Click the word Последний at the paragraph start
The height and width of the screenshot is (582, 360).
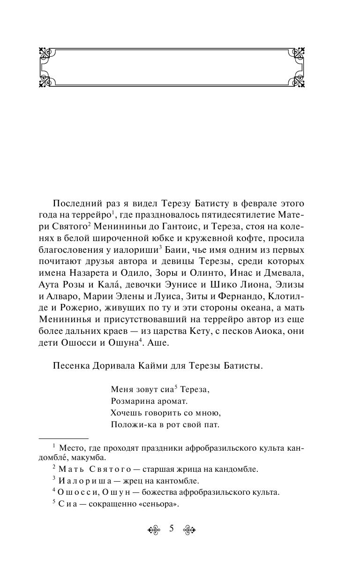[77, 203]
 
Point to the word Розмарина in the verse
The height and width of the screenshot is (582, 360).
[132, 401]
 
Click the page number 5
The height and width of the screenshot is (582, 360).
[172, 529]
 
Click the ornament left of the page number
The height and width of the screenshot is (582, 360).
[155, 529]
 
